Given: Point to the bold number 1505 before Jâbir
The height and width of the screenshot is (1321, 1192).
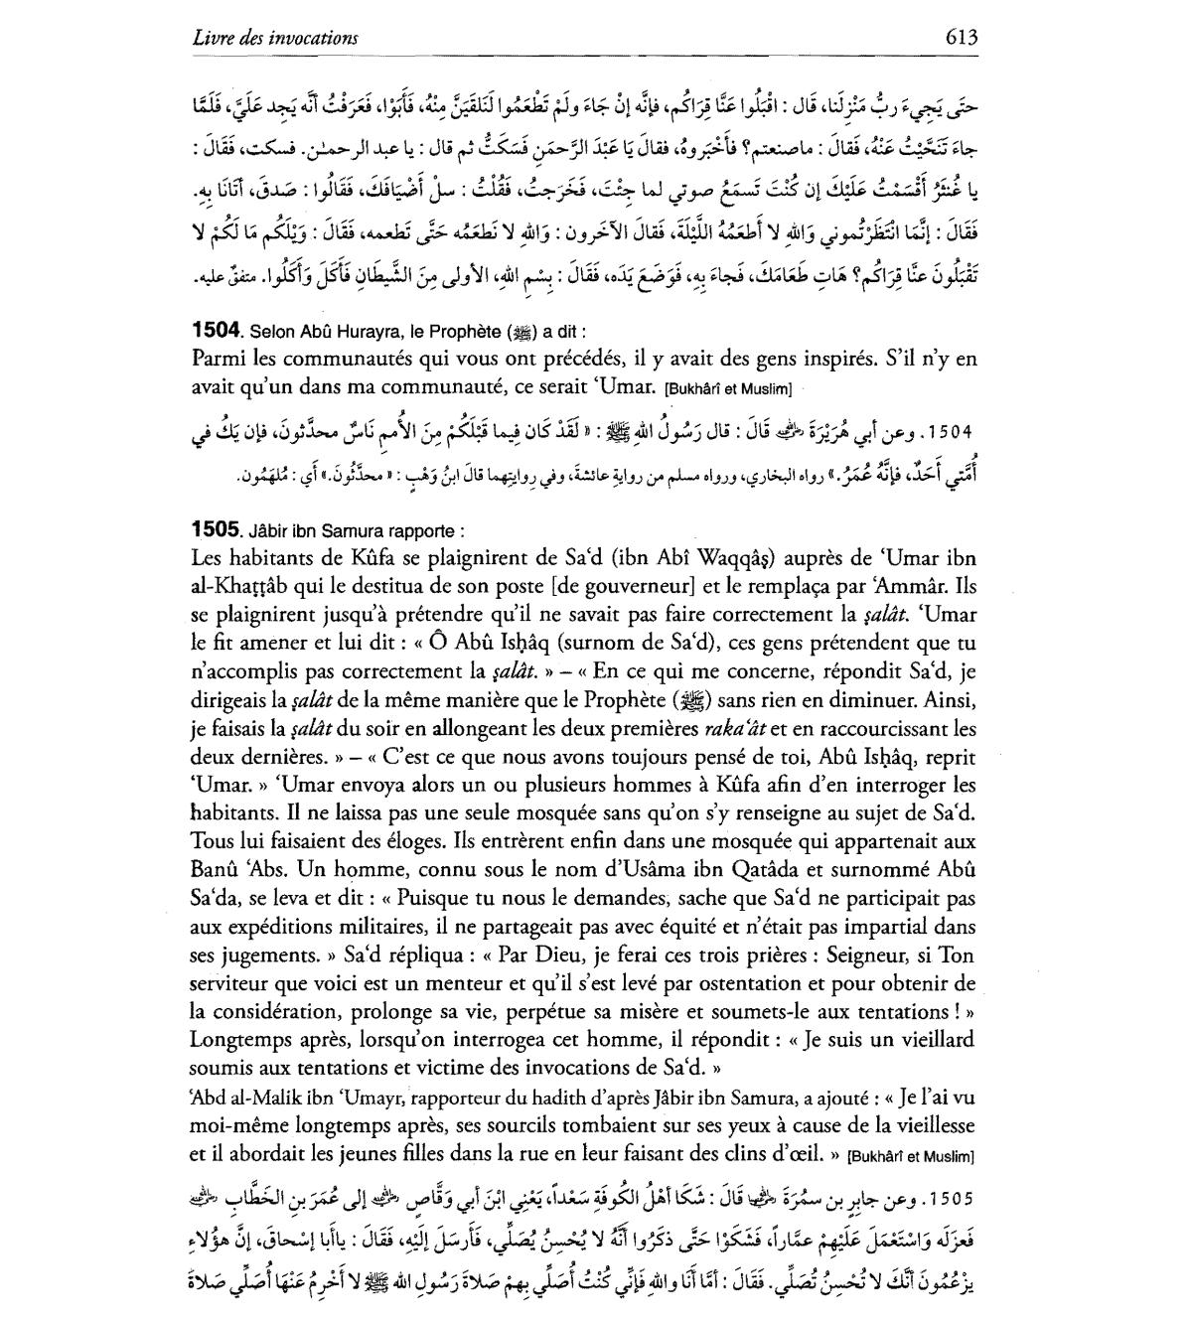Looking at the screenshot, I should (x=214, y=529).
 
